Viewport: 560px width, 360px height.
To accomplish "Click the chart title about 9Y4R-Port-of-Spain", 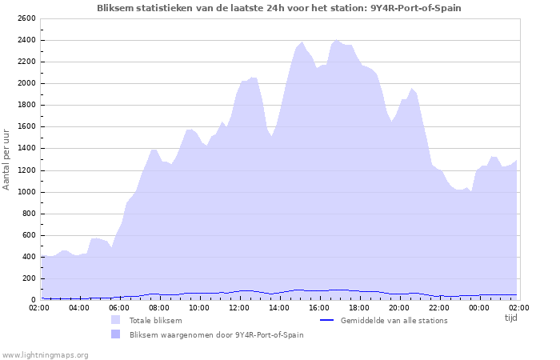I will (278, 7).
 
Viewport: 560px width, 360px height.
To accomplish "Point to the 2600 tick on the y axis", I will (25, 18).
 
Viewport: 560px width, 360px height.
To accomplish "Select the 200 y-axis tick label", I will (28, 278).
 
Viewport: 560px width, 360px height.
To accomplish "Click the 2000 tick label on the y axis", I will (25, 83).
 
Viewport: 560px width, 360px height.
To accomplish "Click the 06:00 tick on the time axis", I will (119, 307).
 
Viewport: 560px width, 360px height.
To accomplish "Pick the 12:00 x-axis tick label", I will (239, 307).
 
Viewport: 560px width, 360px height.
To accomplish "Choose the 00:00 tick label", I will (479, 307).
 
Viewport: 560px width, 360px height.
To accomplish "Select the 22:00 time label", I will (439, 307).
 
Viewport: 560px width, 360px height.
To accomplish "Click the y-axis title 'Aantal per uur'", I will (7, 158).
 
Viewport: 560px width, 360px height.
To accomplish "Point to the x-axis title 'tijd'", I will (510, 318).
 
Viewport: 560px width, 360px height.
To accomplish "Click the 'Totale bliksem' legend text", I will (155, 321).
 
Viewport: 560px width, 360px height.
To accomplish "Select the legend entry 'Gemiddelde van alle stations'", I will (394, 321).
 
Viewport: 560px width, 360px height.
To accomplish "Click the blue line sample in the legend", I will (326, 321).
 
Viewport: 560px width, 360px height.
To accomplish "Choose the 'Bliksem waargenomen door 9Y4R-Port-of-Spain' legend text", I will (216, 334).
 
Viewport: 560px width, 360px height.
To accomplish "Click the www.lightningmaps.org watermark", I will (45, 354).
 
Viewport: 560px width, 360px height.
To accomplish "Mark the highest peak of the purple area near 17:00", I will (336, 40).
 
